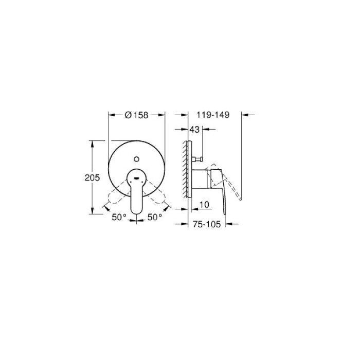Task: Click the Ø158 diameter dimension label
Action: [x=136, y=116]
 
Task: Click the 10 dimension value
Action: [x=203, y=205]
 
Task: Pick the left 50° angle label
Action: [x=119, y=218]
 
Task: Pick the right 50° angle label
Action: [x=155, y=218]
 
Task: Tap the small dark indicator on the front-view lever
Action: [x=136, y=177]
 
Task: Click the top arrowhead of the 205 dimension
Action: [x=93, y=142]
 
